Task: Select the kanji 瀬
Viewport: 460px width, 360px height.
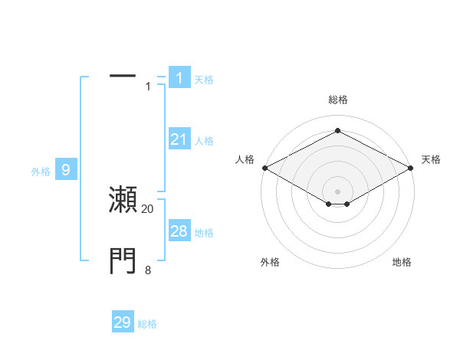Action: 123,199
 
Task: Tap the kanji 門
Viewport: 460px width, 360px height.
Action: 123,261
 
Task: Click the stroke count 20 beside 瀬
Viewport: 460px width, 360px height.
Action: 148,208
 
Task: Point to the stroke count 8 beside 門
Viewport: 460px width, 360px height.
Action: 148,270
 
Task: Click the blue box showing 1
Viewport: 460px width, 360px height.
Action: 179,77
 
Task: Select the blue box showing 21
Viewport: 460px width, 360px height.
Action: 179,139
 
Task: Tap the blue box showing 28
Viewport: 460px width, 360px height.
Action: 179,231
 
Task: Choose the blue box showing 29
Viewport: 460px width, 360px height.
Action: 123,322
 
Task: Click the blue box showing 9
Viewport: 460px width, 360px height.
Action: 66,170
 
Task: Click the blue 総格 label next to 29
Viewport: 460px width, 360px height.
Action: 147,324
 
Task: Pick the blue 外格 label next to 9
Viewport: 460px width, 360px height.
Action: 41,172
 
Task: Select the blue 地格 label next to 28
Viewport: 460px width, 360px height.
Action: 204,232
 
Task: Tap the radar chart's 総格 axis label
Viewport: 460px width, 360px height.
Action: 337,100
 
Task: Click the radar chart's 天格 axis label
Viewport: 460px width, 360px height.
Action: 431,159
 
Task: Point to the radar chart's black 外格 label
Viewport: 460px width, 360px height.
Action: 270,262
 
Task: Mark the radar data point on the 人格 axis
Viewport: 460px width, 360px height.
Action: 264,168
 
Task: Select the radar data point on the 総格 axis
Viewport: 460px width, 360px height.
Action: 337,131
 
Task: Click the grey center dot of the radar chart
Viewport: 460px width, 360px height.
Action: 337,191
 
